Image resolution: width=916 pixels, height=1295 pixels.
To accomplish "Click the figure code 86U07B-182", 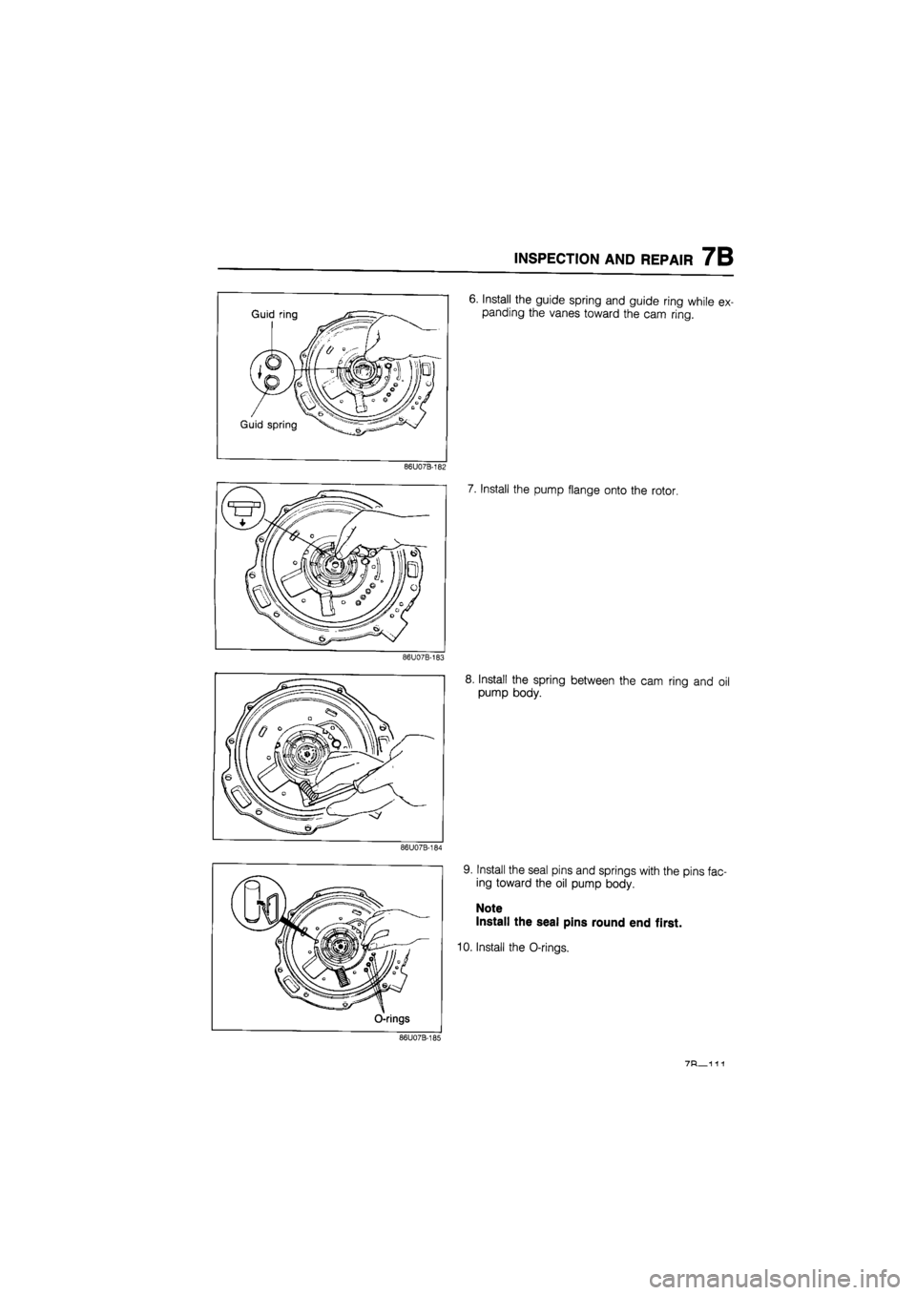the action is (425, 468).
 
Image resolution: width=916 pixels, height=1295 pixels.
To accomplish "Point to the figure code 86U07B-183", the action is (424, 657).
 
